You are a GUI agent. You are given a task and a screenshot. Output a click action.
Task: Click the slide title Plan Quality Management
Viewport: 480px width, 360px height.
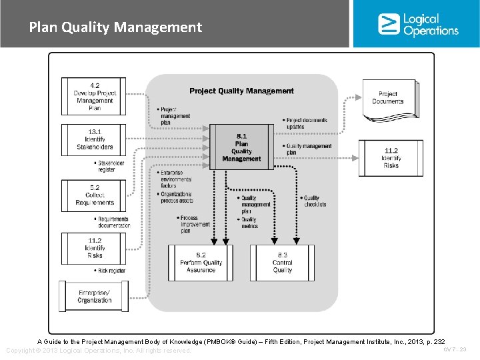[115, 27]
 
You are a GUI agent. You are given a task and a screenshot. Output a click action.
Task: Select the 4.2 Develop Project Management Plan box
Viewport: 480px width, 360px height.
[94, 97]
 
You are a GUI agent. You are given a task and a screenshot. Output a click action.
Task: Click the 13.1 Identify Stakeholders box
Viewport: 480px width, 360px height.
[94, 139]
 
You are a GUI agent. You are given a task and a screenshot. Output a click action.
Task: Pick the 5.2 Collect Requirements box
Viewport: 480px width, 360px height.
[94, 195]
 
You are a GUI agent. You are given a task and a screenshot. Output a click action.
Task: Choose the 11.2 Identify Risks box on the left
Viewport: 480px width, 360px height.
[94, 248]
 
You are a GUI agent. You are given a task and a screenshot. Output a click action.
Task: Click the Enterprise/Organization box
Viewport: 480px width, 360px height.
[94, 296]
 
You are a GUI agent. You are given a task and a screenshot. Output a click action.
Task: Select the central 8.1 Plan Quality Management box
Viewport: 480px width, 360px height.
[241, 147]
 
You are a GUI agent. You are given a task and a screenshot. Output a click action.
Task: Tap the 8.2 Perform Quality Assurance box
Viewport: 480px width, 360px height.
[201, 263]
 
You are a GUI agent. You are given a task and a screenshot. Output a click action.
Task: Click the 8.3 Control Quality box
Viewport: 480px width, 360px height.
[282, 263]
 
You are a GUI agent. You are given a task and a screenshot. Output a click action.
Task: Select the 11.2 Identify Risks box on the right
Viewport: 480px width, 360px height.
[391, 158]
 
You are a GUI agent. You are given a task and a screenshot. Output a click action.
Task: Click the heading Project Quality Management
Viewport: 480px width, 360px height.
[241, 91]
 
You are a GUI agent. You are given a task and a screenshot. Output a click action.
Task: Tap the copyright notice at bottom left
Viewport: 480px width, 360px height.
[98, 351]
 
